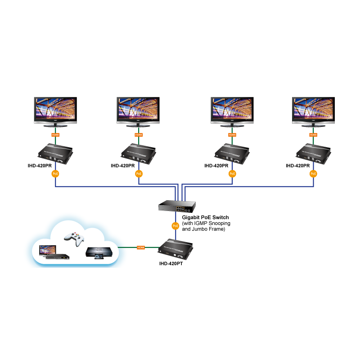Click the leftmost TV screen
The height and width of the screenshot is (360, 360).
click(x=55, y=109)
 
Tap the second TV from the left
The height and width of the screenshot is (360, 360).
click(x=138, y=109)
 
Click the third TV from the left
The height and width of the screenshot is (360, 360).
click(x=232, y=109)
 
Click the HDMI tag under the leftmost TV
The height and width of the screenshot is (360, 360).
click(x=55, y=135)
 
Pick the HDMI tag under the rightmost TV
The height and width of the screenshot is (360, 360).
click(x=313, y=135)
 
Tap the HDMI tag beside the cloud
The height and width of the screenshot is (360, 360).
click(x=141, y=247)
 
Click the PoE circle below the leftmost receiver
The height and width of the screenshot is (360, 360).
click(x=55, y=173)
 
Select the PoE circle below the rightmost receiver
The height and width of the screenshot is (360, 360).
click(x=313, y=173)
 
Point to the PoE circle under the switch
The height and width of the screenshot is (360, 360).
click(x=175, y=225)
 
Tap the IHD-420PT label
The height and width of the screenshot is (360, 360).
click(x=171, y=265)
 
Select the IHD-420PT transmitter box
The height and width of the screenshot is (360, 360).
click(x=176, y=249)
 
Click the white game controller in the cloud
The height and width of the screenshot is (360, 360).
click(x=73, y=238)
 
